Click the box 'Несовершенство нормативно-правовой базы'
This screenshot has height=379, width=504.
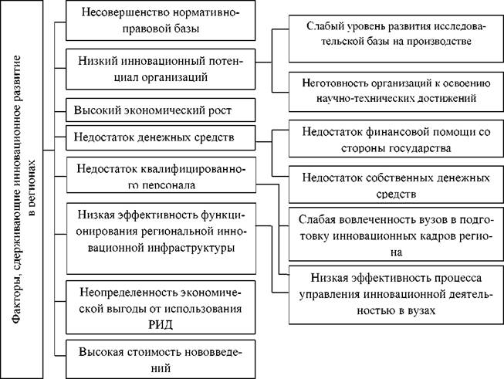pos(161,20)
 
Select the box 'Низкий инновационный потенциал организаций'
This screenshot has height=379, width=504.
pos(161,69)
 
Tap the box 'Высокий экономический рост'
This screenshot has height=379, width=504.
pos(161,110)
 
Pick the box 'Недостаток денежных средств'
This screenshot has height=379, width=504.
pos(161,137)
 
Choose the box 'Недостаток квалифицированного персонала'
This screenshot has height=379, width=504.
pos(161,175)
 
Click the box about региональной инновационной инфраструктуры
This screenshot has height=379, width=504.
pos(161,239)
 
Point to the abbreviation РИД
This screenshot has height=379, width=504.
pos(161,324)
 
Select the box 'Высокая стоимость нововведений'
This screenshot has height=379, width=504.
pos(161,359)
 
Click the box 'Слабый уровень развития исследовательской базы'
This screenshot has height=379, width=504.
pos(396,39)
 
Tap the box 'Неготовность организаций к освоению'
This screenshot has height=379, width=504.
pos(396,92)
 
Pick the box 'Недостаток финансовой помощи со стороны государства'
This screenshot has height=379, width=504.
pos(396,138)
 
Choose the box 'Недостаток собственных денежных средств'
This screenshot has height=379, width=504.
pos(396,184)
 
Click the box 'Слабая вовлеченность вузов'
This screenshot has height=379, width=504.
pos(396,234)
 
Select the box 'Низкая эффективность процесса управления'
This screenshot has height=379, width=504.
pos(396,294)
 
